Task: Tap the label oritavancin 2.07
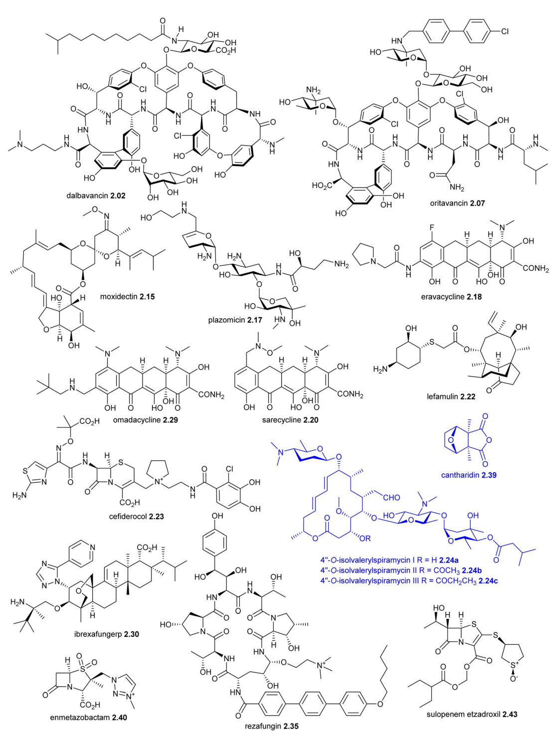tap(457, 203)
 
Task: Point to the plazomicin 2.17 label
tap(235, 320)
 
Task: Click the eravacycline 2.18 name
tap(451, 296)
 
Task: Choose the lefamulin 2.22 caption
tap(451, 397)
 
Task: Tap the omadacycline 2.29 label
tap(145, 420)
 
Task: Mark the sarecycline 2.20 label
tap(290, 420)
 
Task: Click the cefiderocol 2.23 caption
tap(136, 516)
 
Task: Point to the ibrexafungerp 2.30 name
tap(106, 634)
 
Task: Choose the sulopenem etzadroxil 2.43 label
tap(472, 714)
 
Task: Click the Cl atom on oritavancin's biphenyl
tap(505, 31)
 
